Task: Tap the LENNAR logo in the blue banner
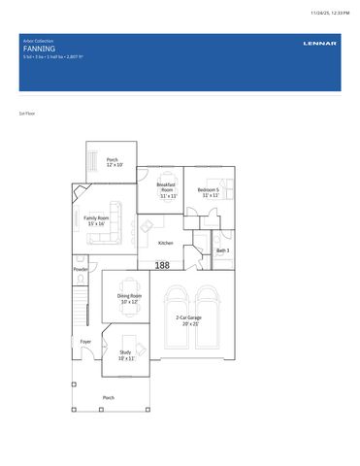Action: coord(317,45)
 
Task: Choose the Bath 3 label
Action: coord(222,250)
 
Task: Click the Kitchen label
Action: coord(166,243)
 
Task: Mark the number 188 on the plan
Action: coord(162,265)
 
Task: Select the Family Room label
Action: coord(96,220)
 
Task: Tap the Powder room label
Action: coord(81,269)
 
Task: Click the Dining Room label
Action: coord(130,298)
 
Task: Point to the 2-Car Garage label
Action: coord(188,320)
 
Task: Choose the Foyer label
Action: coord(85,342)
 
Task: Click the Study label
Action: coord(125,354)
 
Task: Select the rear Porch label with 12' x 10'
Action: coord(113,162)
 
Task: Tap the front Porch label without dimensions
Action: coord(109,397)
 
